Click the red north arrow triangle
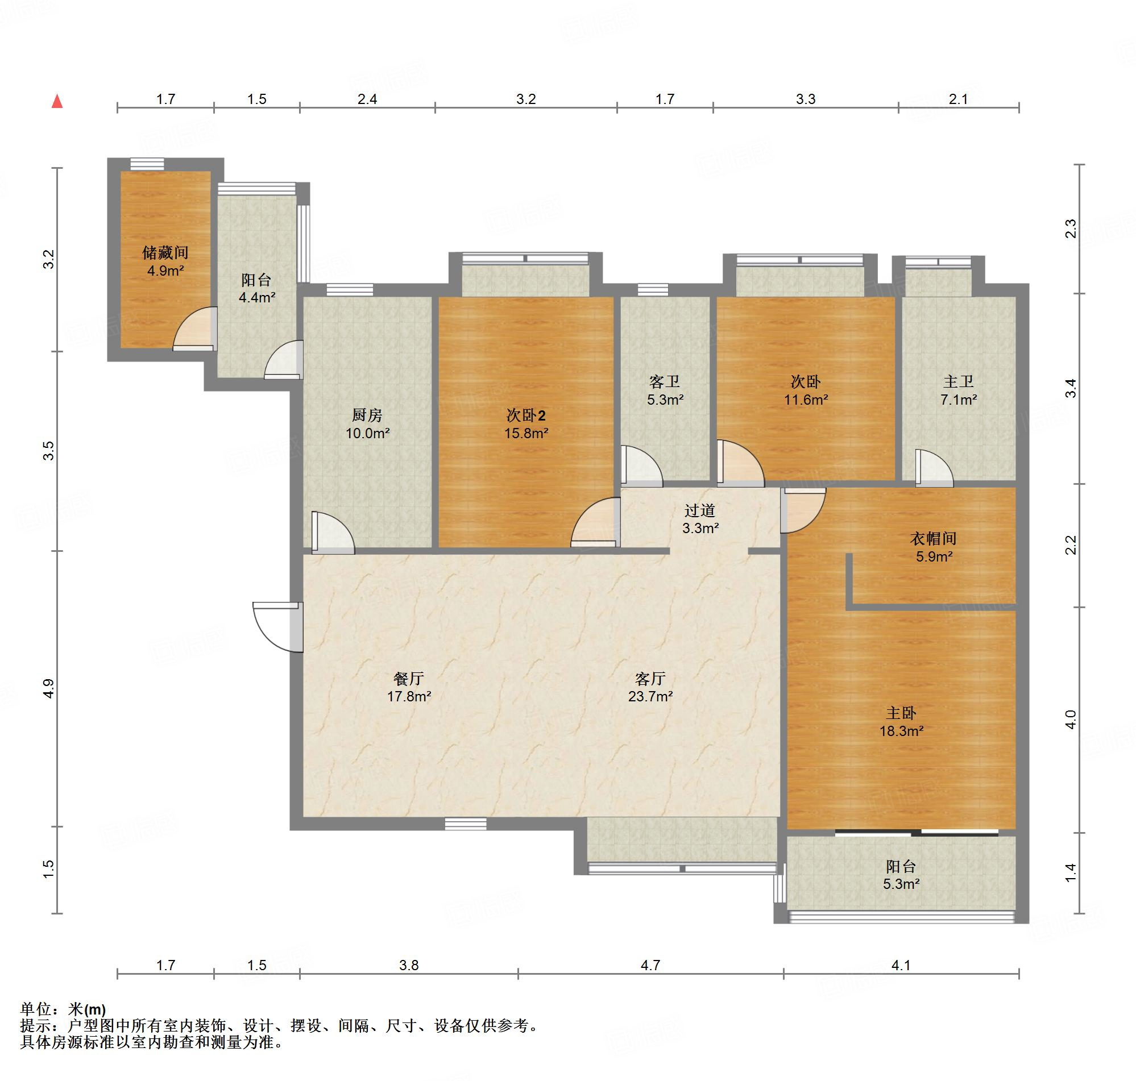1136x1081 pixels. (57, 101)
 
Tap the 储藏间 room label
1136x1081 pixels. (165, 252)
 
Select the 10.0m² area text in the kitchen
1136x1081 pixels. (368, 433)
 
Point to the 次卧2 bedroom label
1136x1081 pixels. (525, 415)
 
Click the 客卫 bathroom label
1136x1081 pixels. (665, 381)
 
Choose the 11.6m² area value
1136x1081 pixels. (806, 400)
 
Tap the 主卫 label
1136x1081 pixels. (959, 381)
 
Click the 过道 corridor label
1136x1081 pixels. (700, 510)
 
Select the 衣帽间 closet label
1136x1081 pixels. (934, 539)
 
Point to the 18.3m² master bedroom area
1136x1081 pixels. (901, 731)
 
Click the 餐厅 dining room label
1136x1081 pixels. (409, 678)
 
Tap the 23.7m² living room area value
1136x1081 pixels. (650, 697)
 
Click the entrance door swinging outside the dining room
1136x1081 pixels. (277, 627)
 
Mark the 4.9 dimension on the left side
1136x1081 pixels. (49, 689)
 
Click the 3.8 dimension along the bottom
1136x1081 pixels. (409, 965)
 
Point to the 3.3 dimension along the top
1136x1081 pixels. (806, 99)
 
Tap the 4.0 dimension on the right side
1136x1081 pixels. (1070, 720)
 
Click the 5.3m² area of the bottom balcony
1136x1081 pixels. (901, 884)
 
